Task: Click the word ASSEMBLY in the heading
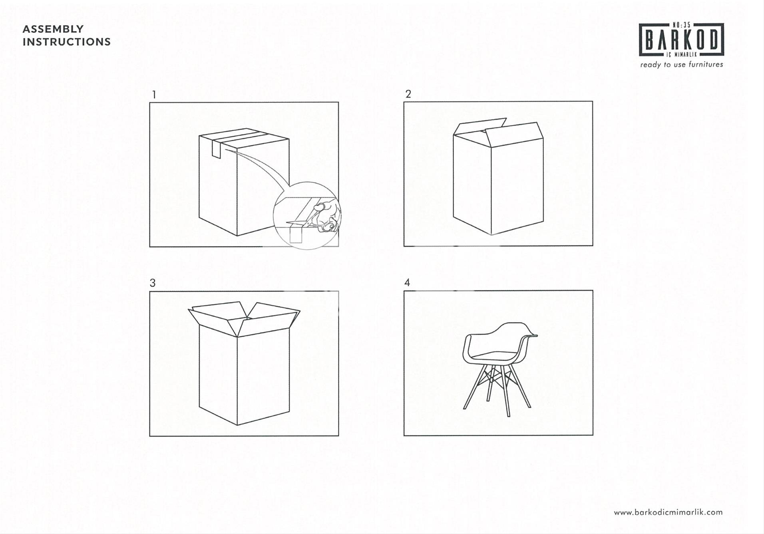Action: pos(53,29)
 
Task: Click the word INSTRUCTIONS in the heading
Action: pos(67,42)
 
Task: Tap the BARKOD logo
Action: pos(681,40)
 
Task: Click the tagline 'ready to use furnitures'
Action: pos(681,64)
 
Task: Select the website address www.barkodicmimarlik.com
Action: pos(668,512)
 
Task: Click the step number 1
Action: pos(154,95)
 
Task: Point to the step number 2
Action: pos(408,94)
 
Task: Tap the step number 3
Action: pos(153,283)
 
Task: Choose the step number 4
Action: pos(407,283)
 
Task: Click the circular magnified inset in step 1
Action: pos(307,216)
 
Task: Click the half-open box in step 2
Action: pos(498,176)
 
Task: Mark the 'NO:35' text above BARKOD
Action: pos(682,25)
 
